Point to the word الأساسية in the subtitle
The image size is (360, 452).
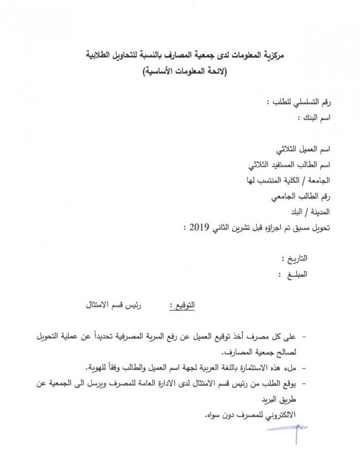point(158,72)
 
